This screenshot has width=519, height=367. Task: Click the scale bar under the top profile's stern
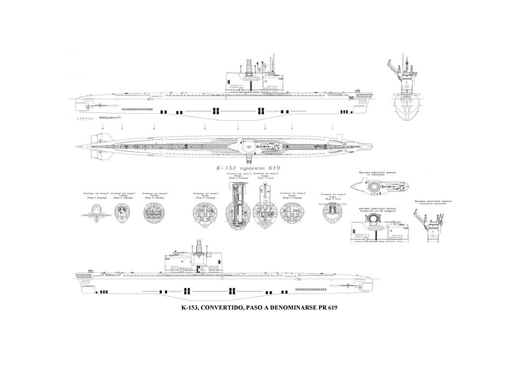coord(83,119)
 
